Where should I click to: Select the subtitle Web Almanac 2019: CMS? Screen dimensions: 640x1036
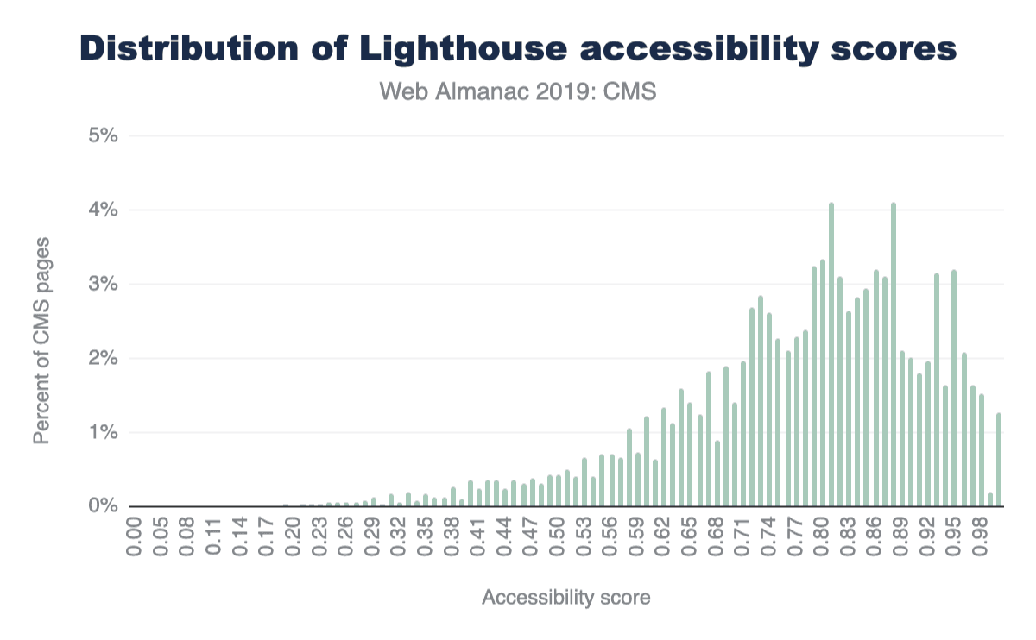(518, 91)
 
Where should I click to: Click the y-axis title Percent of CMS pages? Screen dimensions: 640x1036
(41, 340)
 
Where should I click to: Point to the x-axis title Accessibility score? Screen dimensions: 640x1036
(565, 598)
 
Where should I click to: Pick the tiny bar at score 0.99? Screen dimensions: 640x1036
(990, 499)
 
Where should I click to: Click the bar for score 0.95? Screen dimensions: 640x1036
(954, 388)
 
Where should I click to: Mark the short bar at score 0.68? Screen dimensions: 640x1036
(717, 474)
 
